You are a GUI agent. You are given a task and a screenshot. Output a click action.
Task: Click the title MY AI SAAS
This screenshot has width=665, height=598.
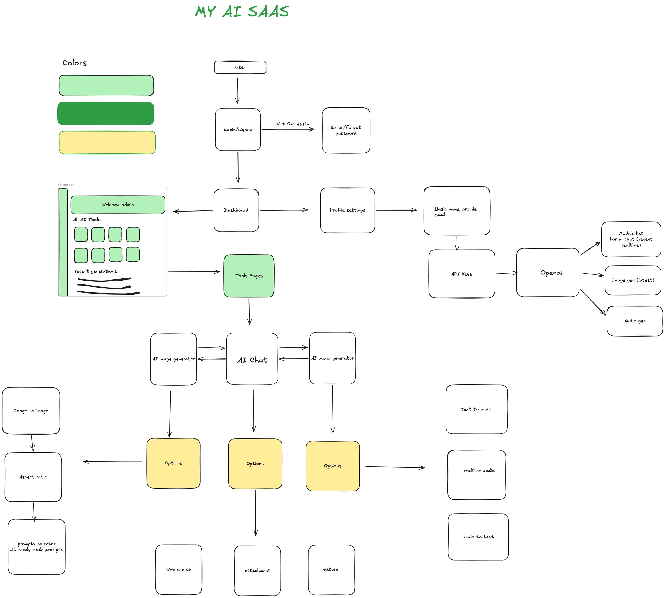click(242, 12)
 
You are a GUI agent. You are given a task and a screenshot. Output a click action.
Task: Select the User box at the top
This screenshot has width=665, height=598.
click(240, 67)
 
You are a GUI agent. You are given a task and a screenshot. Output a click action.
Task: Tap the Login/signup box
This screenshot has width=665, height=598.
click(238, 129)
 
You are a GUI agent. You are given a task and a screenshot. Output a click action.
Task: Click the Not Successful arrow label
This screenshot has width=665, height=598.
click(293, 124)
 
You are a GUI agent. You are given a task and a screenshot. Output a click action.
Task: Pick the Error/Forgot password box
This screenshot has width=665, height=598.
click(346, 130)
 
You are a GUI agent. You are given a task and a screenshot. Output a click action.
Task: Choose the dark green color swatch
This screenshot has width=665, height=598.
click(106, 113)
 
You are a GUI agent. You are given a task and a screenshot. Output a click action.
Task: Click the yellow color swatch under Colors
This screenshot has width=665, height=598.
click(107, 142)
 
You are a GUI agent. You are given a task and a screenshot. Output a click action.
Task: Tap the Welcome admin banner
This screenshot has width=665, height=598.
click(118, 205)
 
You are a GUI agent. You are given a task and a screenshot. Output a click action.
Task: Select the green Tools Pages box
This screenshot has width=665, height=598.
click(249, 276)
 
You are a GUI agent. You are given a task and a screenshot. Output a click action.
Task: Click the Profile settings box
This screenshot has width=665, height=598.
click(347, 210)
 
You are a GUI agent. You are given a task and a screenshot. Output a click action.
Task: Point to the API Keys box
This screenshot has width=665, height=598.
click(462, 274)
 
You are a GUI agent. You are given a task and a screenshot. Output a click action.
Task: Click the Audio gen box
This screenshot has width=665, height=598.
click(635, 321)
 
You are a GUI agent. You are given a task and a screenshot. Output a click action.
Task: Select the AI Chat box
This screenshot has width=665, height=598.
click(252, 359)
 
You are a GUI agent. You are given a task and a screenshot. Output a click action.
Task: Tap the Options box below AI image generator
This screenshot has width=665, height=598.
click(173, 463)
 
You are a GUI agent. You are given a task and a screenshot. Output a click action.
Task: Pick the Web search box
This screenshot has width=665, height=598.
click(178, 569)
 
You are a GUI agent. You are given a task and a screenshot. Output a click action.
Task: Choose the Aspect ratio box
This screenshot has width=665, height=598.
click(33, 477)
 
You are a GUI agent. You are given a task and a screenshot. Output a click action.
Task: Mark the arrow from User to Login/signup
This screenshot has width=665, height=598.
click(237, 91)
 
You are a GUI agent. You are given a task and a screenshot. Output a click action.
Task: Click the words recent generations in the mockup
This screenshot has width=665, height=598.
click(96, 271)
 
